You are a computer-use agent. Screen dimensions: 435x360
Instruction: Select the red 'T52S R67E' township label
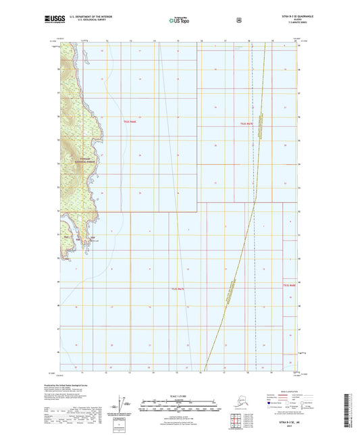(x=247, y=124)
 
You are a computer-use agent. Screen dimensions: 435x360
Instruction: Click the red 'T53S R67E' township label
(x=178, y=288)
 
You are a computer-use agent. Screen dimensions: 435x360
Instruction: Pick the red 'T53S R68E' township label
(x=289, y=286)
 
